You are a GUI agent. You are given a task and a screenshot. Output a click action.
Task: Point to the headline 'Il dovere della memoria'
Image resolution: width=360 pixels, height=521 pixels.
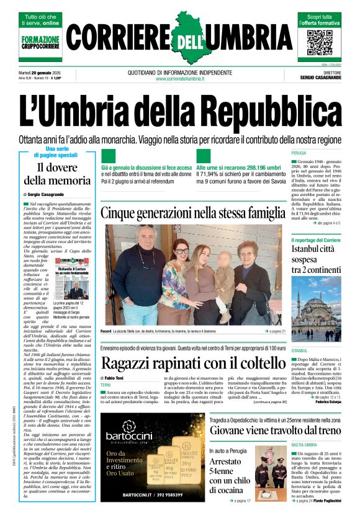pos(57,174)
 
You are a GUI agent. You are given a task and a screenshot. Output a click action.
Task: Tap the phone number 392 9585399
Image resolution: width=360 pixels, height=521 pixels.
pos(158,496)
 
